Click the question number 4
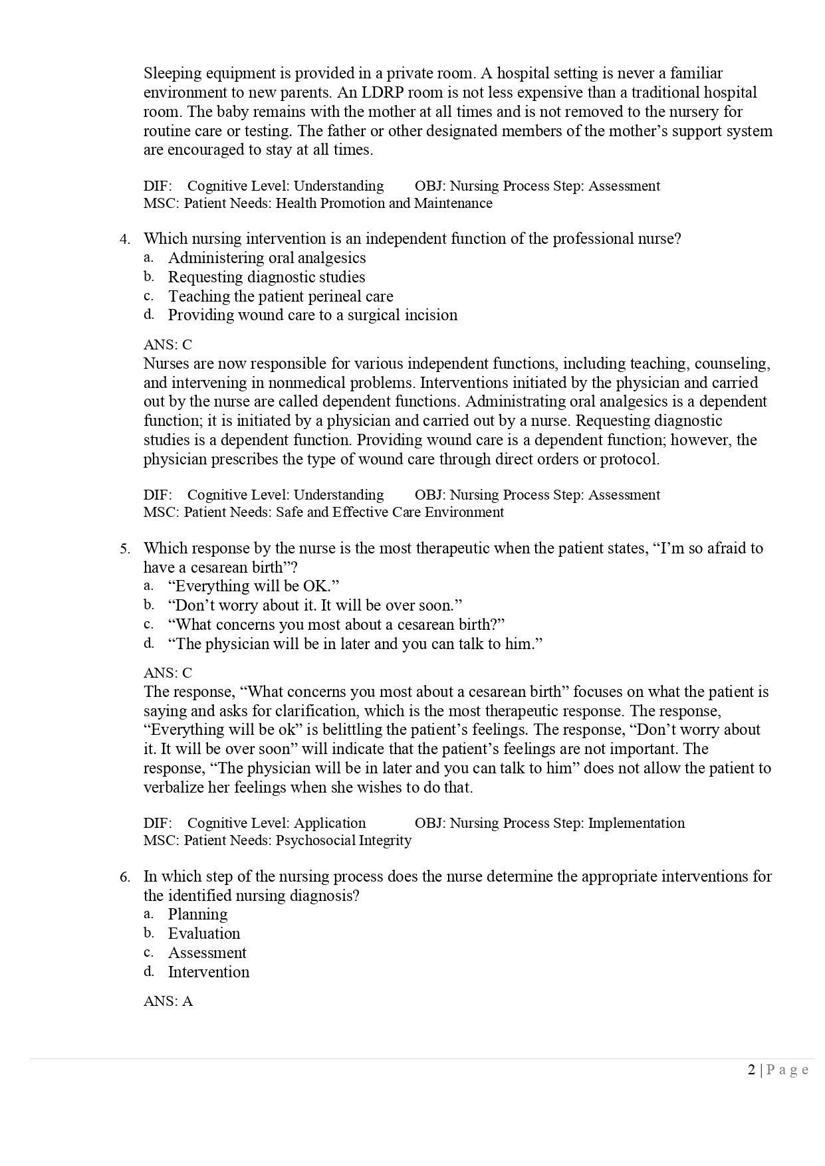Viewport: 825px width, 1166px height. (x=124, y=239)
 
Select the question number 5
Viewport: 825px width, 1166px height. (x=124, y=549)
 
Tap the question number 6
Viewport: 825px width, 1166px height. (x=124, y=877)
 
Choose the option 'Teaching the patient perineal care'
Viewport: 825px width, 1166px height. (x=280, y=296)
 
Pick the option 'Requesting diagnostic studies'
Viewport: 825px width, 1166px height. (x=266, y=277)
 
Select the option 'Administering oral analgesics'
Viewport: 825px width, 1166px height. (x=267, y=258)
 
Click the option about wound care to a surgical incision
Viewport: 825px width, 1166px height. (x=312, y=315)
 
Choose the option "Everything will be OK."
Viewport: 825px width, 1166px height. (x=253, y=586)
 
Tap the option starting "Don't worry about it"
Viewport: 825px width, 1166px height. (x=314, y=605)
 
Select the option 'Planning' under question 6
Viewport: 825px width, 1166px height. (x=197, y=914)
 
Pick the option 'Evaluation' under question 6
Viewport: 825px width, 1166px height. (x=203, y=933)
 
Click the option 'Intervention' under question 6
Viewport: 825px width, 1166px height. (x=208, y=972)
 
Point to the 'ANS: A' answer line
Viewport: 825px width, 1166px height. (x=168, y=1001)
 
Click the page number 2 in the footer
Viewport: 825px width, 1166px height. (x=751, y=1070)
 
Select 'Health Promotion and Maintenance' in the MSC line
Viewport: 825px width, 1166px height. (x=384, y=203)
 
